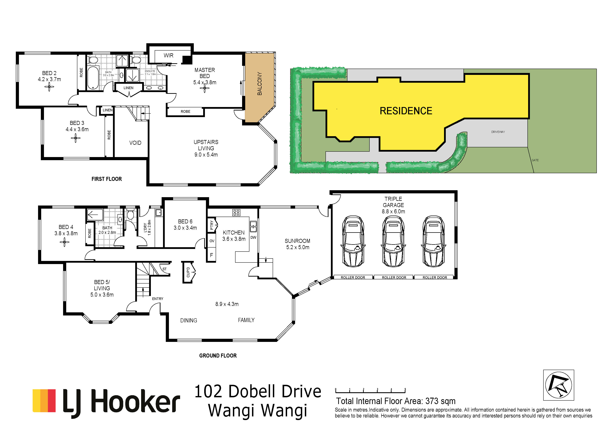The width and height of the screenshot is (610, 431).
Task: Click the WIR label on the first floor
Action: [x=168, y=55]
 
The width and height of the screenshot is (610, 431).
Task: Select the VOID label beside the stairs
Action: [x=135, y=143]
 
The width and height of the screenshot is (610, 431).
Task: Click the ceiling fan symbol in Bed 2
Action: [x=49, y=87]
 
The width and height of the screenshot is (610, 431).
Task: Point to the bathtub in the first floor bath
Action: [x=93, y=78]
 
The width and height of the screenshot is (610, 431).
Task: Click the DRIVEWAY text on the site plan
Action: [x=498, y=132]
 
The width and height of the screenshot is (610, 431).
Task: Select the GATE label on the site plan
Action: [x=535, y=160]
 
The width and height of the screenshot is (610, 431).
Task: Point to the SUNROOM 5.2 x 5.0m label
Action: [x=298, y=244]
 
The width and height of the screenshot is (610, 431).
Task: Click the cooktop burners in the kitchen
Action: [x=236, y=212]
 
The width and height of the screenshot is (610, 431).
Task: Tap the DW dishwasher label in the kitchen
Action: [x=253, y=237]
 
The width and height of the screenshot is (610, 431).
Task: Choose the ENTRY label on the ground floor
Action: [x=158, y=299]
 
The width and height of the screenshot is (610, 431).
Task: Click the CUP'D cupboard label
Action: [x=188, y=272]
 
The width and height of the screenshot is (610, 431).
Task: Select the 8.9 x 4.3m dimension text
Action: [x=227, y=304]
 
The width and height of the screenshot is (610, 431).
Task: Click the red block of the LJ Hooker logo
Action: [x=52, y=401]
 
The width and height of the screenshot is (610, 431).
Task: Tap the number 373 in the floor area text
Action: [x=433, y=401]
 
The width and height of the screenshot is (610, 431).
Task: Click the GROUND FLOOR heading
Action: [x=218, y=356]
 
